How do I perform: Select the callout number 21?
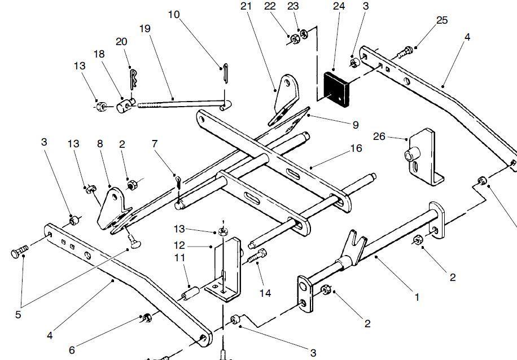pyautogui.click(x=245, y=7)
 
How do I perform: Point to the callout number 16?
pyautogui.click(x=356, y=148)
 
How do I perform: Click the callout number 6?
pyautogui.click(x=72, y=350)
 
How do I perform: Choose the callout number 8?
pyautogui.click(x=100, y=144)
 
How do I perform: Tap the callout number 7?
pyautogui.click(x=155, y=145)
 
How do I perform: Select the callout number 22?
pyautogui.click(x=270, y=7)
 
